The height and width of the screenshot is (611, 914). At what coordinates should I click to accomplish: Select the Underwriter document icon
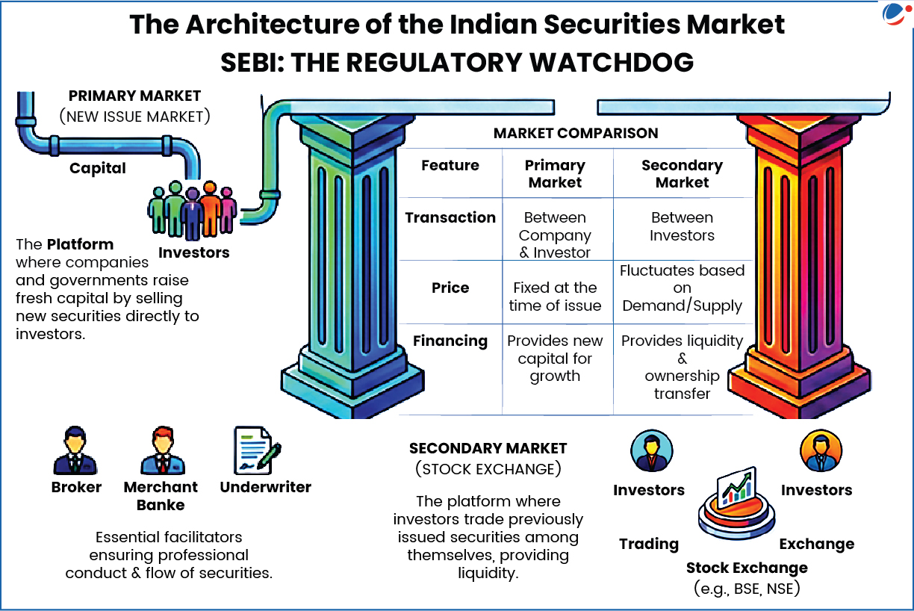pyautogui.click(x=256, y=450)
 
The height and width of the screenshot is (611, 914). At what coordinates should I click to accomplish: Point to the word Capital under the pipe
pyautogui.click(x=98, y=168)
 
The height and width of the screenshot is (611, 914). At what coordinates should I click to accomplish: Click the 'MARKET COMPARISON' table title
pyautogui.click(x=576, y=134)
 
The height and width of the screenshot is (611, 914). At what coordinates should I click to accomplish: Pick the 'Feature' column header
pyautogui.click(x=450, y=166)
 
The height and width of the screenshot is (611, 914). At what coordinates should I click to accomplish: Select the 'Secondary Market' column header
pyautogui.click(x=682, y=174)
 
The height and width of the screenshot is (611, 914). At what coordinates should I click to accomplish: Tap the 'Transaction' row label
pyautogui.click(x=450, y=217)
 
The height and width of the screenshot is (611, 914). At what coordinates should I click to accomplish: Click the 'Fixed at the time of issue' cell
pyautogui.click(x=555, y=297)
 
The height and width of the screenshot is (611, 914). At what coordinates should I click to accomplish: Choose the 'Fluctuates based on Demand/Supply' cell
pyautogui.click(x=682, y=288)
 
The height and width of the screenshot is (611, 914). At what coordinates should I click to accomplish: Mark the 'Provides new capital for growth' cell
pyautogui.click(x=555, y=359)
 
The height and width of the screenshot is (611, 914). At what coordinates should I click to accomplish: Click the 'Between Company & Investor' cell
pyautogui.click(x=555, y=235)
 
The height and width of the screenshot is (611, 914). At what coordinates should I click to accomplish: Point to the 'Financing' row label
pyautogui.click(x=450, y=341)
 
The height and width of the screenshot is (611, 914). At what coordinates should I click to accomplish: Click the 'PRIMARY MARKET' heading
pyautogui.click(x=134, y=96)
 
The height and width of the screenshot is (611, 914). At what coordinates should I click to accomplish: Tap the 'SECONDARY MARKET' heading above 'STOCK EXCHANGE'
pyautogui.click(x=488, y=449)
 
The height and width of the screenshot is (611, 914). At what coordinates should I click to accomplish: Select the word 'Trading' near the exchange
pyautogui.click(x=649, y=544)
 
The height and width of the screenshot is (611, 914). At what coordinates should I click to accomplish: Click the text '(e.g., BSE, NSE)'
pyautogui.click(x=747, y=589)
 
